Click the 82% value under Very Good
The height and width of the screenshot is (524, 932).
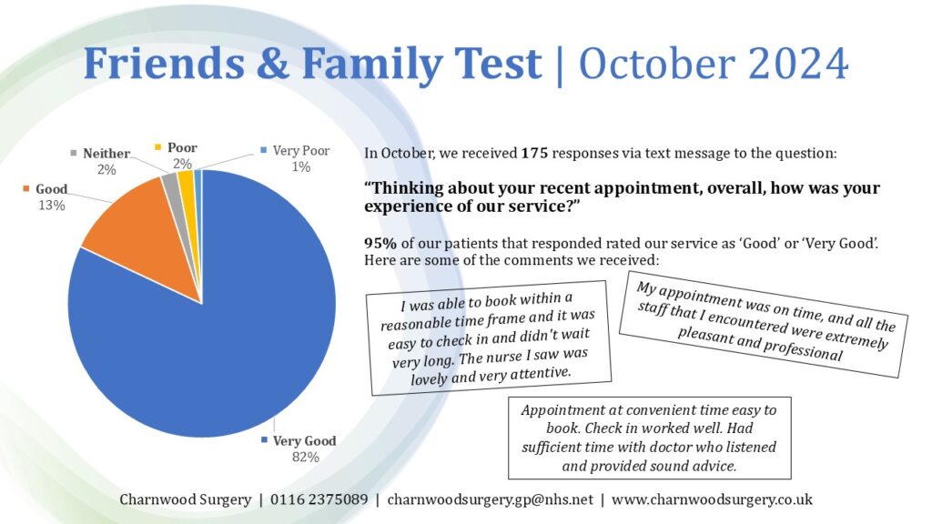pos(305,458)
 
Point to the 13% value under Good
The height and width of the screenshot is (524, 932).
pos(51,206)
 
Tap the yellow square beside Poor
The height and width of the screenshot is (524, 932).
pos(158,147)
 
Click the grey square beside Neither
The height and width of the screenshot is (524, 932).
pos(74,154)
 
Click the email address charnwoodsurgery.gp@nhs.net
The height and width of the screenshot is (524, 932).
pos(491,499)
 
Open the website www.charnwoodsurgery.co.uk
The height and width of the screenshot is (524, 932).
pos(713,499)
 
